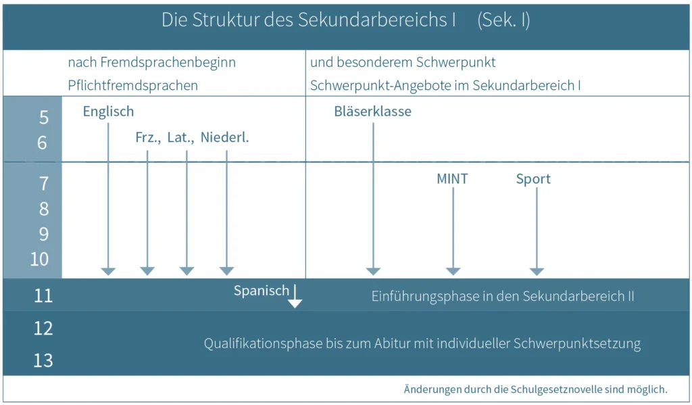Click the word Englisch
tap(108, 112)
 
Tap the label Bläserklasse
tap(372, 112)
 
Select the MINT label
tap(452, 179)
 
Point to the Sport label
tap(533, 179)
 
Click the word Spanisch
tap(262, 291)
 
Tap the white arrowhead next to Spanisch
tap(295, 304)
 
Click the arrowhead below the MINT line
tap(453, 271)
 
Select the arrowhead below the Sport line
tap(537, 271)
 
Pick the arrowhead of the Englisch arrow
tap(108, 271)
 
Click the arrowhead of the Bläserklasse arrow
tap(373, 271)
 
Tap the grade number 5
tap(44, 118)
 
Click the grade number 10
tap(39, 259)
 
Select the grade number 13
tap(43, 361)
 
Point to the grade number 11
tap(43, 296)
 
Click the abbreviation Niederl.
tap(224, 137)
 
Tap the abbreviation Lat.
tap(180, 138)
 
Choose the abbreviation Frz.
tap(148, 138)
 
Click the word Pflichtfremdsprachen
tap(133, 85)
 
